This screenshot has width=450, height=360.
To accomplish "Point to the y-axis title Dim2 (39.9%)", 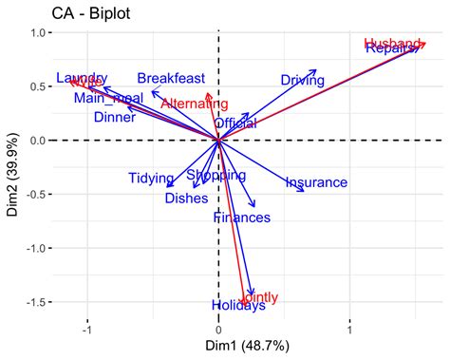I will tap(13, 168).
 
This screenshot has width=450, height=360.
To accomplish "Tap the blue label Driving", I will tap(303, 81).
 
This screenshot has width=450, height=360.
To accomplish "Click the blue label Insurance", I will tap(316, 182).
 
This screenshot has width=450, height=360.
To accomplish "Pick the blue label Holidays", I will tap(238, 306).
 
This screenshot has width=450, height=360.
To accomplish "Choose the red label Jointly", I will tap(260, 297).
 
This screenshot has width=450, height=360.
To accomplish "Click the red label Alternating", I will tap(194, 104).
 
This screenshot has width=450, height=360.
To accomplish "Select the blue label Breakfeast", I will tap(172, 79).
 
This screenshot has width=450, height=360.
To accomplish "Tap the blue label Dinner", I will tap(115, 118).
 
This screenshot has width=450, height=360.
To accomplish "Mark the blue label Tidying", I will tap(152, 179).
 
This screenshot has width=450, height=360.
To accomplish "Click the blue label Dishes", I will tap(186, 199).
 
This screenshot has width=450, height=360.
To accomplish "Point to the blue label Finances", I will tap(242, 218).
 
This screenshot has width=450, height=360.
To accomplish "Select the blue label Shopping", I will tap(216, 176).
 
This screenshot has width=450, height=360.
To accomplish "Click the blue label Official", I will tap(235, 123).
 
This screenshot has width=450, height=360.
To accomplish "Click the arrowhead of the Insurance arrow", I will tap(305, 192).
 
